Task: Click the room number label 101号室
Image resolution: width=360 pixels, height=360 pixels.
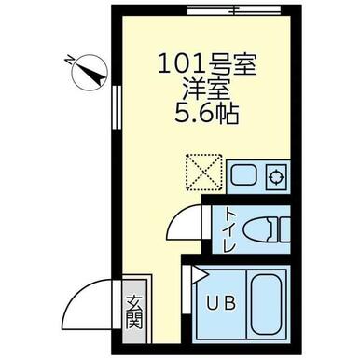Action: click(207, 63)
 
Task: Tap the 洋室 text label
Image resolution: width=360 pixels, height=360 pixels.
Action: click(206, 89)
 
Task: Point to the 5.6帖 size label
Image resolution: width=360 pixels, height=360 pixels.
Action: click(207, 114)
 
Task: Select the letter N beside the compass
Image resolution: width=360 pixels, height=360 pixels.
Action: click(69, 59)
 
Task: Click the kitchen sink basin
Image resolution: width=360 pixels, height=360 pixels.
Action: click(243, 177)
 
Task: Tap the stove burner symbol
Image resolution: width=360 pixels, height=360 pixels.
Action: click(276, 177)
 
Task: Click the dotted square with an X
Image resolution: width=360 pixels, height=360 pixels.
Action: click(204, 173)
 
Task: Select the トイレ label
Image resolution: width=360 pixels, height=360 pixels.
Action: click(230, 229)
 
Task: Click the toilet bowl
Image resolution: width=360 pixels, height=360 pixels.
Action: click(258, 229)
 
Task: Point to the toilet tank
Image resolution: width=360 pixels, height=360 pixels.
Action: click(284, 229)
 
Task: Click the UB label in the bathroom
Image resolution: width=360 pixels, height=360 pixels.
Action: click(221, 303)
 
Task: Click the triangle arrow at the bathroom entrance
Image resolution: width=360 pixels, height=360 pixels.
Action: click(199, 274)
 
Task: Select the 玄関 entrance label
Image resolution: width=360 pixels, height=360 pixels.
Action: click(135, 312)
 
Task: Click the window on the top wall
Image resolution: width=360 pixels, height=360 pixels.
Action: click(235, 11)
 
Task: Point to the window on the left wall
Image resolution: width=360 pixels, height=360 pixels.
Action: click(117, 107)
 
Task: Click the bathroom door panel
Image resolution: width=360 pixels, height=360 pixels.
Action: click(187, 290)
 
